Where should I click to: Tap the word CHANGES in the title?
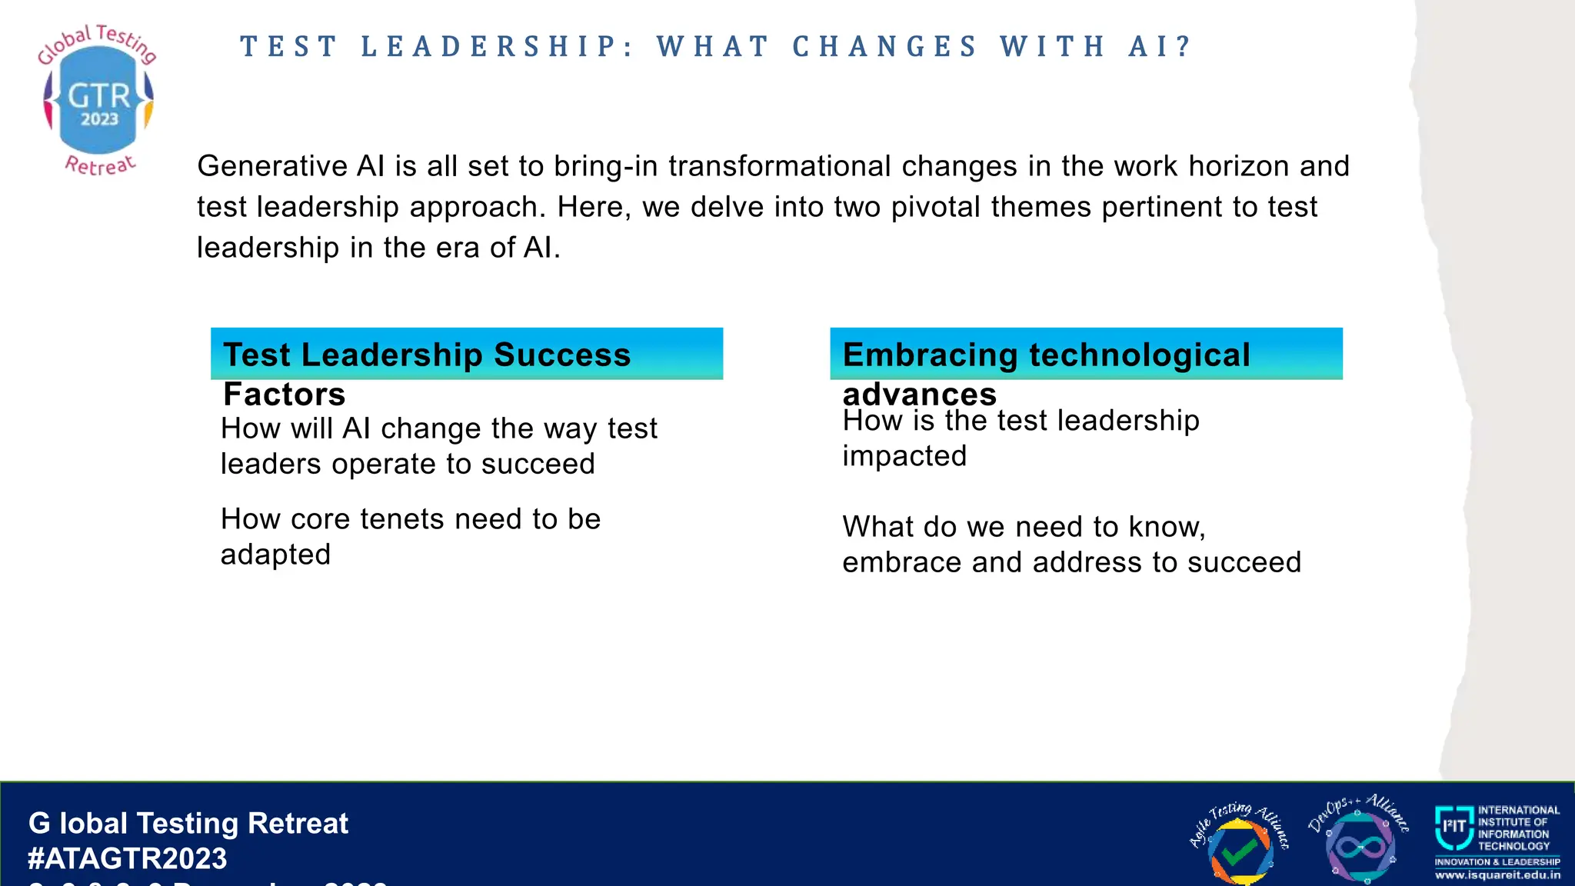click(x=884, y=47)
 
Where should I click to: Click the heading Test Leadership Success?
click(x=427, y=355)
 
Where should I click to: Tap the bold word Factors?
click(x=284, y=395)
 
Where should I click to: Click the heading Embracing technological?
click(x=1046, y=355)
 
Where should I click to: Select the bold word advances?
click(x=919, y=395)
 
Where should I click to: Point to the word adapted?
click(x=275, y=555)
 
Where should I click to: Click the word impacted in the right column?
click(x=904, y=456)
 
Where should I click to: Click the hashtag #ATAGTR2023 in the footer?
click(x=128, y=858)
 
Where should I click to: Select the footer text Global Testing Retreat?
click(x=188, y=824)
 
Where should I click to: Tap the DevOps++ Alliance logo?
click(x=1359, y=841)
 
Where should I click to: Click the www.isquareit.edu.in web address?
click(x=1497, y=875)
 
